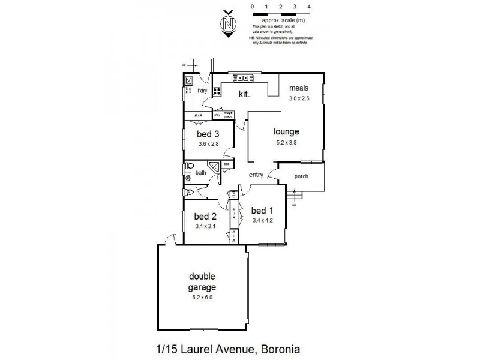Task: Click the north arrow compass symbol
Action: click(227, 24)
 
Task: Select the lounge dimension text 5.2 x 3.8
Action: click(286, 142)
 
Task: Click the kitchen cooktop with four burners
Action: click(216, 92)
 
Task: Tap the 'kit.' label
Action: click(244, 94)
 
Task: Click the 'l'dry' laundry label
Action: click(202, 91)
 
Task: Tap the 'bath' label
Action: click(200, 173)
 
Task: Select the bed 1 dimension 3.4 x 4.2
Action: click(263, 220)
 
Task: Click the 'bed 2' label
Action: click(205, 216)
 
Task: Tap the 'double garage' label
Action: click(202, 281)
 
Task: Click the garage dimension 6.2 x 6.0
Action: click(202, 296)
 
